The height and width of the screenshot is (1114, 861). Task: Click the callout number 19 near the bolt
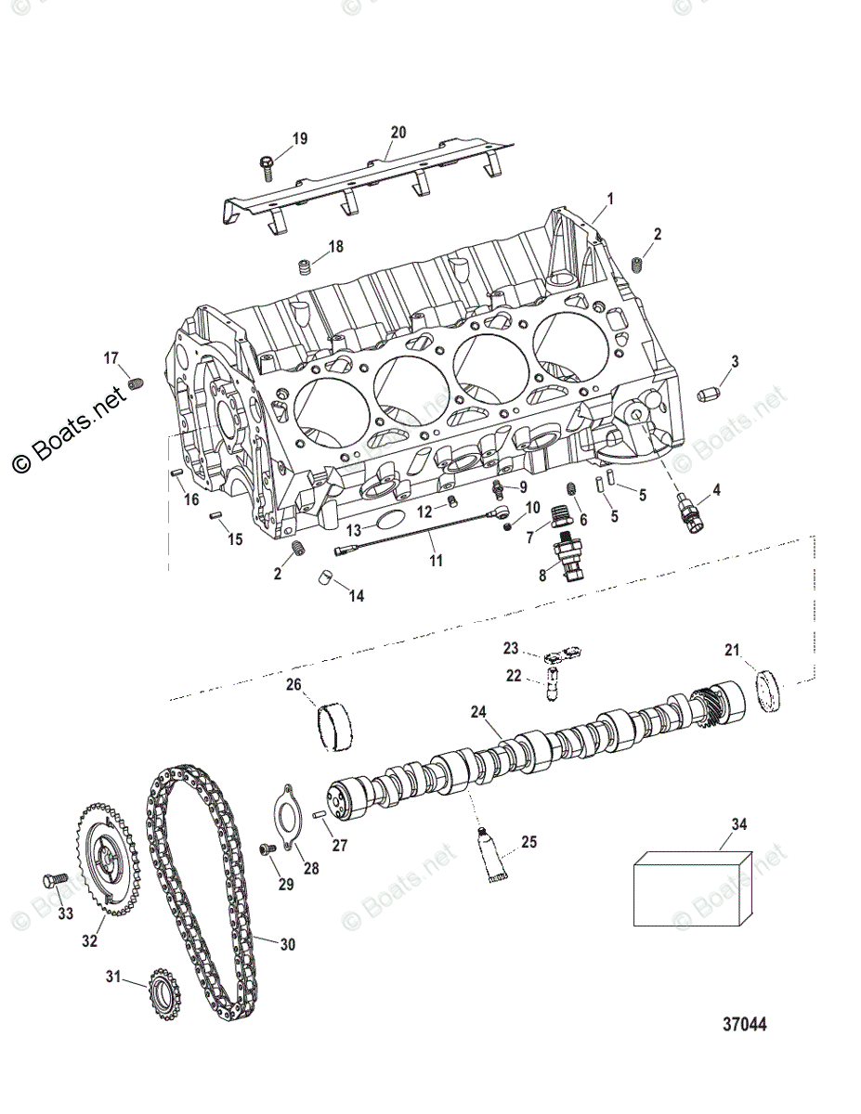[299, 139]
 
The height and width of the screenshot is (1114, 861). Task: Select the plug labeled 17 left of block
[137, 383]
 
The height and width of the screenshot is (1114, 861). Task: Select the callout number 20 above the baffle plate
[398, 133]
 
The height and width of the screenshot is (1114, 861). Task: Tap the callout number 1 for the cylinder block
[610, 198]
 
